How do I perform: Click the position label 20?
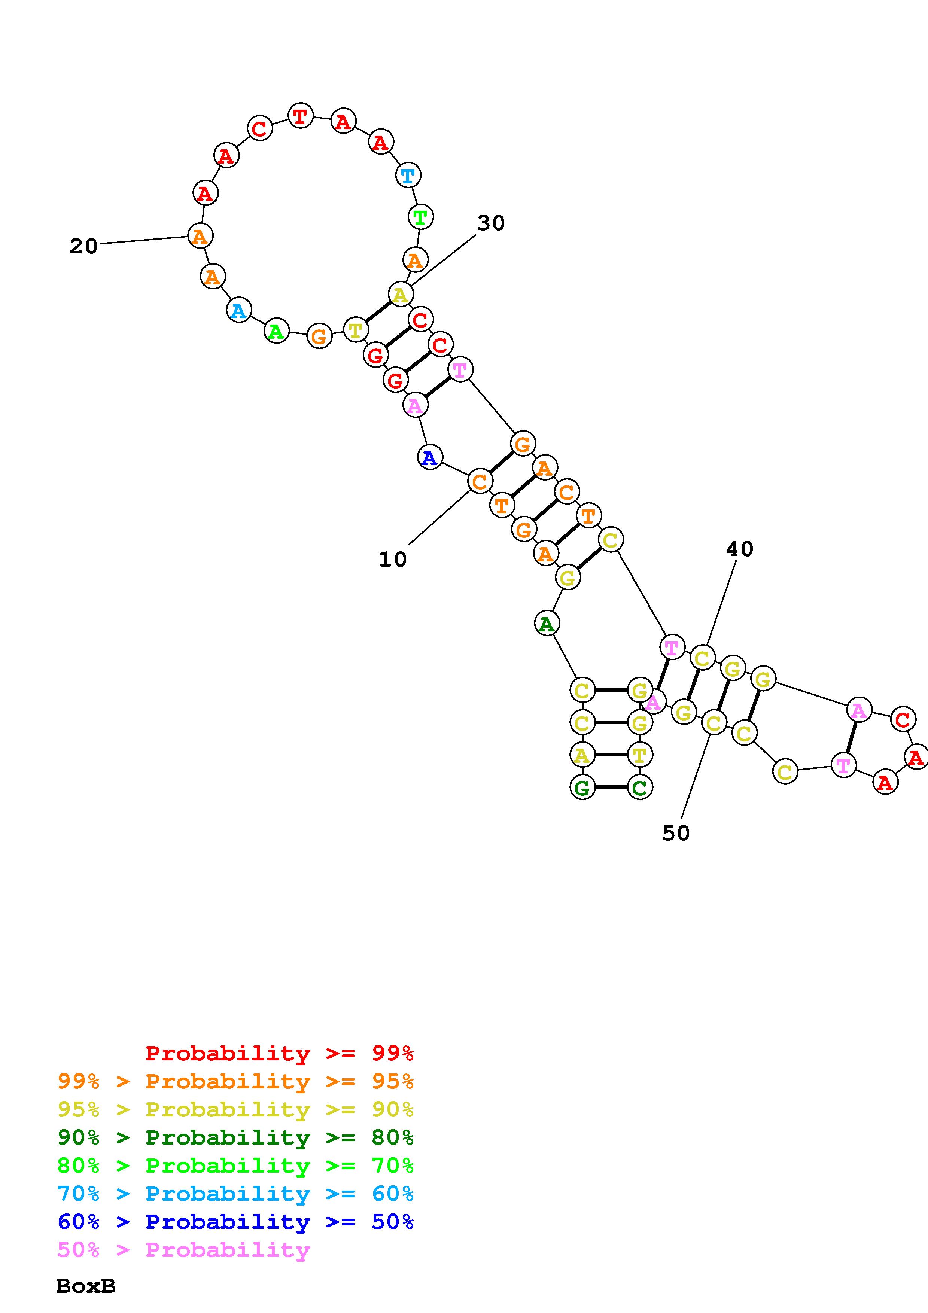coord(83,247)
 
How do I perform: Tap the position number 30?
coord(491,223)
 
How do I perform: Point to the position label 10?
coord(392,559)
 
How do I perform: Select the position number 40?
coord(739,549)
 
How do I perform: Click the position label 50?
coord(676,833)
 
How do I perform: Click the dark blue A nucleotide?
coord(430,457)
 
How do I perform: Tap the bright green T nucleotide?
coord(421,217)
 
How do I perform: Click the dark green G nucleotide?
coord(582,788)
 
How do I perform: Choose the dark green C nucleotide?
coord(640,788)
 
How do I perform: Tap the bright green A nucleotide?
coord(276,331)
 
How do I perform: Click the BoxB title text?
coord(86,1286)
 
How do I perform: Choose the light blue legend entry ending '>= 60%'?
coord(235,1194)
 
